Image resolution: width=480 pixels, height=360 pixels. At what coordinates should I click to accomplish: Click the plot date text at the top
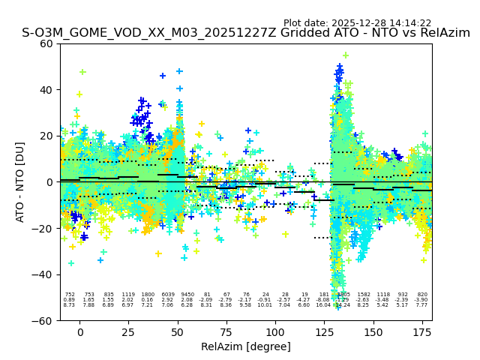[x=357, y=23]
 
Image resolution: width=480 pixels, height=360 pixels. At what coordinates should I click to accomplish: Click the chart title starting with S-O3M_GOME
[x=246, y=34]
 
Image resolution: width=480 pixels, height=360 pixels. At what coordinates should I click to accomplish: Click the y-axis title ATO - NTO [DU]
[x=20, y=182]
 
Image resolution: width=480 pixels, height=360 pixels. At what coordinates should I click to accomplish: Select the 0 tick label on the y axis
[x=49, y=182]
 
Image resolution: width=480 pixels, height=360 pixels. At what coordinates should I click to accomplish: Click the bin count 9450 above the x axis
[x=187, y=295]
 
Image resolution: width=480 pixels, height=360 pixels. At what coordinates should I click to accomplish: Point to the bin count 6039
[x=167, y=295]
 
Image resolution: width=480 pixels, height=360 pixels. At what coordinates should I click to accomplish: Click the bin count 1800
[x=148, y=295]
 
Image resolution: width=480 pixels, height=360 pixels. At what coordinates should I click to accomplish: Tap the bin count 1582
[x=364, y=295]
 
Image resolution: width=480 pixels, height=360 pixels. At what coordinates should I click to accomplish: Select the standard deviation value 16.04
[x=324, y=305]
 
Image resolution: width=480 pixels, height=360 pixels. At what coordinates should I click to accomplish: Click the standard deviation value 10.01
[x=265, y=305]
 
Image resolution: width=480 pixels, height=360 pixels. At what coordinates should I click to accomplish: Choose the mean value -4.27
[x=304, y=300]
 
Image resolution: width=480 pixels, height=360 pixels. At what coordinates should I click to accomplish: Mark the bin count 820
[x=422, y=295]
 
